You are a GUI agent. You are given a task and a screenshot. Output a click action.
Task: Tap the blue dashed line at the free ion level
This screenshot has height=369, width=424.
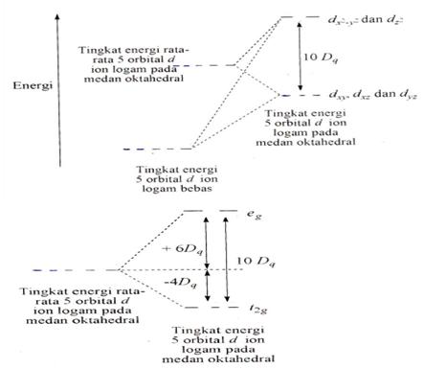[141, 148]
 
